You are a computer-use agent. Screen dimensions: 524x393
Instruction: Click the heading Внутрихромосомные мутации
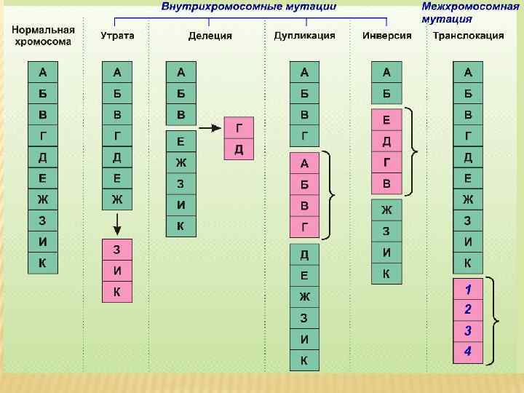coord(248,7)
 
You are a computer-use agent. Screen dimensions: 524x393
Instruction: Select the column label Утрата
coord(117,36)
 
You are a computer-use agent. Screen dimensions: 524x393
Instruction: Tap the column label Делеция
coord(210,36)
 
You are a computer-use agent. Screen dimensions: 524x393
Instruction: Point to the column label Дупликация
coord(304,36)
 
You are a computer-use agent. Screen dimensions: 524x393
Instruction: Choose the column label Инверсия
coord(386,36)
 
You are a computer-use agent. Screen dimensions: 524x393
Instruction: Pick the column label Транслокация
coord(468,36)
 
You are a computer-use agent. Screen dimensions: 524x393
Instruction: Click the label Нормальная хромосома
coord(43,36)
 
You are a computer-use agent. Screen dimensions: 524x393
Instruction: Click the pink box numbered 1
coord(468,289)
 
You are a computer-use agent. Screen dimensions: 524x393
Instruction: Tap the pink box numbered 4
coord(468,352)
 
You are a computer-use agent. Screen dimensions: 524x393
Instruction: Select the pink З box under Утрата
coord(116,250)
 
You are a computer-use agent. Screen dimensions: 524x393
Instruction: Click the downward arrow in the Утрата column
coord(116,221)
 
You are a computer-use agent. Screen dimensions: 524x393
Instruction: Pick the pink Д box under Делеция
coord(239,149)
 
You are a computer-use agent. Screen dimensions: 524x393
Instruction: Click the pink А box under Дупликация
coord(304,163)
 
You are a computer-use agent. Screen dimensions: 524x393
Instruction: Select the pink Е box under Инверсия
coord(386,120)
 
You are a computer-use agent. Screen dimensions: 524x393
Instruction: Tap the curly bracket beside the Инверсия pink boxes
coord(413,151)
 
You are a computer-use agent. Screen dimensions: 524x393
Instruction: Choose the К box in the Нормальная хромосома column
coord(42,263)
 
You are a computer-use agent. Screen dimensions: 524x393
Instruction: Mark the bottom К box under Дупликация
coord(304,360)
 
